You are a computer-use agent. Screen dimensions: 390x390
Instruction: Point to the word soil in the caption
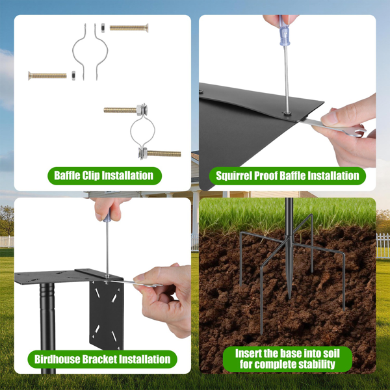point(331,353)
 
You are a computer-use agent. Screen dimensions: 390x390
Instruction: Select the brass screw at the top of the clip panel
point(129,28)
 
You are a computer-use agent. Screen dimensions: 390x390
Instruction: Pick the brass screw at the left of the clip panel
point(47,75)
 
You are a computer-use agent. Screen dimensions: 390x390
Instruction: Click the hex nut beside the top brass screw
point(103,28)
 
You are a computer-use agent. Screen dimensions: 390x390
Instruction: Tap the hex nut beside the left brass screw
point(73,75)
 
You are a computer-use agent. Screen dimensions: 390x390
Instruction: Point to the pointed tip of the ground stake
point(289,298)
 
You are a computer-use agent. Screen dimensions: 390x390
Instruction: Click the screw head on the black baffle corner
point(287,113)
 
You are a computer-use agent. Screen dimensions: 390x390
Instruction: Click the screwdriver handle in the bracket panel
point(107,216)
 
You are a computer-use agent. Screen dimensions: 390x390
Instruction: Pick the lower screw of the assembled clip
point(160,153)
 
